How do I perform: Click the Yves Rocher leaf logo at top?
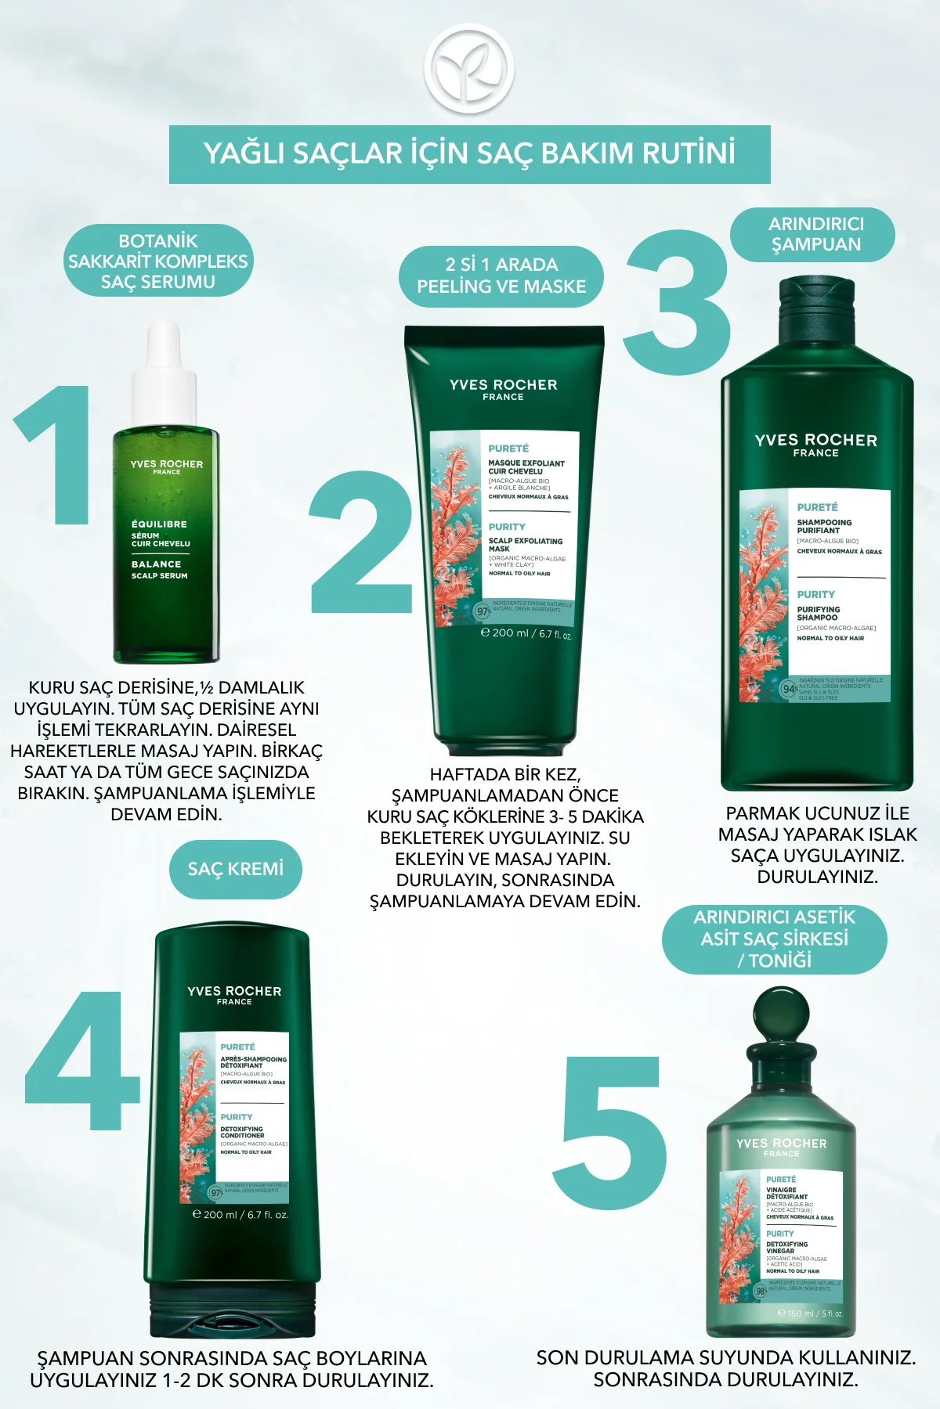point(469,68)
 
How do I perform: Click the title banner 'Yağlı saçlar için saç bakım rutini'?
point(469,153)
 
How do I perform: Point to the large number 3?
point(678,301)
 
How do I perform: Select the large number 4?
point(81,1060)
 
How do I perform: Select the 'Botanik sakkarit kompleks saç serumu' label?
point(157,261)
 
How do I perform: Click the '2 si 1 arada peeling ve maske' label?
point(501,276)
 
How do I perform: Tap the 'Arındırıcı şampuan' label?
point(815,234)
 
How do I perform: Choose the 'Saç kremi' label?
point(235,869)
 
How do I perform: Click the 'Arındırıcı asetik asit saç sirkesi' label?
point(774,939)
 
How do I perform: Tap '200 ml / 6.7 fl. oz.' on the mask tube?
point(526,633)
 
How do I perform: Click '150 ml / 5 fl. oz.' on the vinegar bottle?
point(810,1314)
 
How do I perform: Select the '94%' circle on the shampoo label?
point(790,689)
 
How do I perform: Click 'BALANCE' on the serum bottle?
point(156,564)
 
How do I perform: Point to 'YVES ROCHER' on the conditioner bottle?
point(234,991)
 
